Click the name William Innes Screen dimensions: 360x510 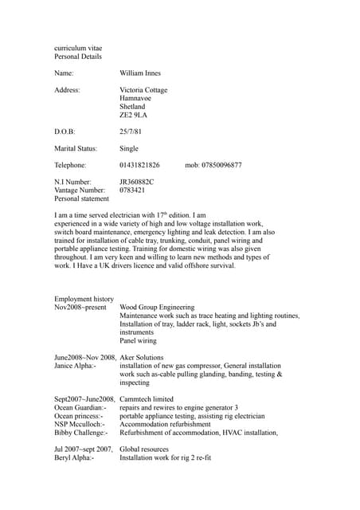coord(139,73)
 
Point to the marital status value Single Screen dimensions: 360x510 coord(128,148)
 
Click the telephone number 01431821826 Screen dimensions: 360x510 coord(139,165)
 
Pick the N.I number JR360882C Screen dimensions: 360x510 coord(136,182)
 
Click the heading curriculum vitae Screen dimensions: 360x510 coord(77,49)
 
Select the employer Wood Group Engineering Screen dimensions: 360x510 coord(157,307)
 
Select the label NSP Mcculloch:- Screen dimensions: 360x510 coord(79,424)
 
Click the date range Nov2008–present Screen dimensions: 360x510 coord(80,307)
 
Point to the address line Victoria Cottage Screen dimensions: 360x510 coord(143,90)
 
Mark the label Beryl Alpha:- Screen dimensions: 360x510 coord(73,458)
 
